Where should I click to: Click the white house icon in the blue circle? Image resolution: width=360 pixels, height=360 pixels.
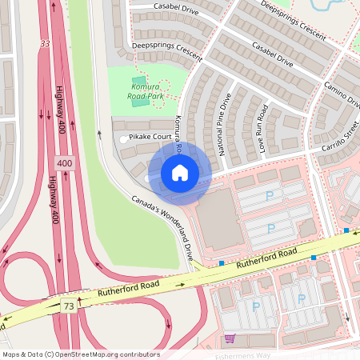point(180,173)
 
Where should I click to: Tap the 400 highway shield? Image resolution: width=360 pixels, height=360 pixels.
point(64,163)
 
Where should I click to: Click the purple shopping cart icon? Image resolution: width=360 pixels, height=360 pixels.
point(230,339)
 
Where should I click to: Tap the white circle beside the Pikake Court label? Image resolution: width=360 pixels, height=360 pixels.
point(122,139)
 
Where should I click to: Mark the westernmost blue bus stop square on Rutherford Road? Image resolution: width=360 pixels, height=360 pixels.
point(222,262)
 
